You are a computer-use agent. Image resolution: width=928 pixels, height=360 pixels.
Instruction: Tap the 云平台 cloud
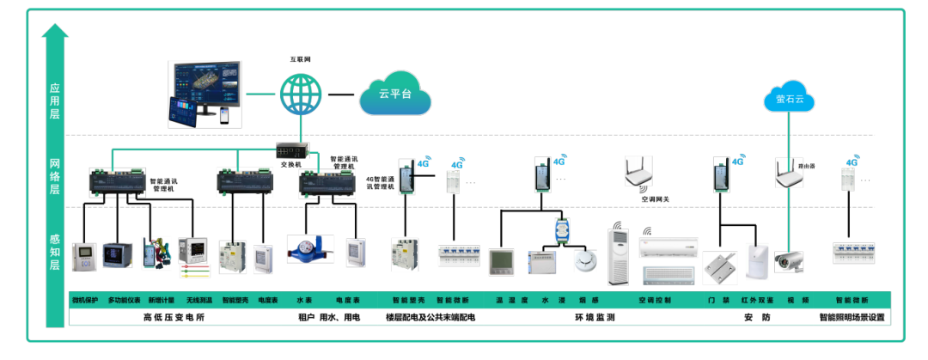[x=395, y=93]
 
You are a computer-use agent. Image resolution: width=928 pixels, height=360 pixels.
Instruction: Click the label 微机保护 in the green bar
[x=85, y=301]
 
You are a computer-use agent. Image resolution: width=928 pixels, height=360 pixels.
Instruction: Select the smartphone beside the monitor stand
[x=223, y=114]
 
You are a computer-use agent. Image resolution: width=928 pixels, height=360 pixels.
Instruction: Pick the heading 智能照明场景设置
[x=852, y=317]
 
